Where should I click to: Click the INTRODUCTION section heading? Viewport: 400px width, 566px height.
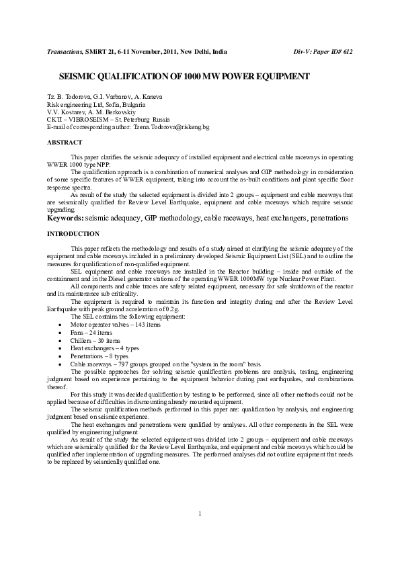pos(73,233)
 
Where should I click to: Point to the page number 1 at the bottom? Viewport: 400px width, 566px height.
pos(200,532)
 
